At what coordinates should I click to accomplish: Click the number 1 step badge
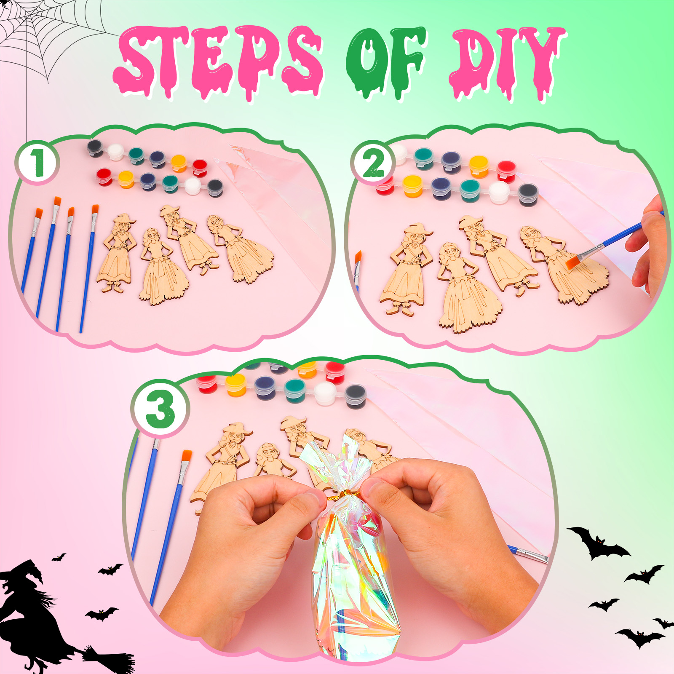click(37, 163)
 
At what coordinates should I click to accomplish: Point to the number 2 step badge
click(373, 163)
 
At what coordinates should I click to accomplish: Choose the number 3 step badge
click(160, 408)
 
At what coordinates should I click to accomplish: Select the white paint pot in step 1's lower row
click(193, 186)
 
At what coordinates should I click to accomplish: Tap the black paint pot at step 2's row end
click(528, 194)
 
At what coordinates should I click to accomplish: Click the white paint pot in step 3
click(326, 393)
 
